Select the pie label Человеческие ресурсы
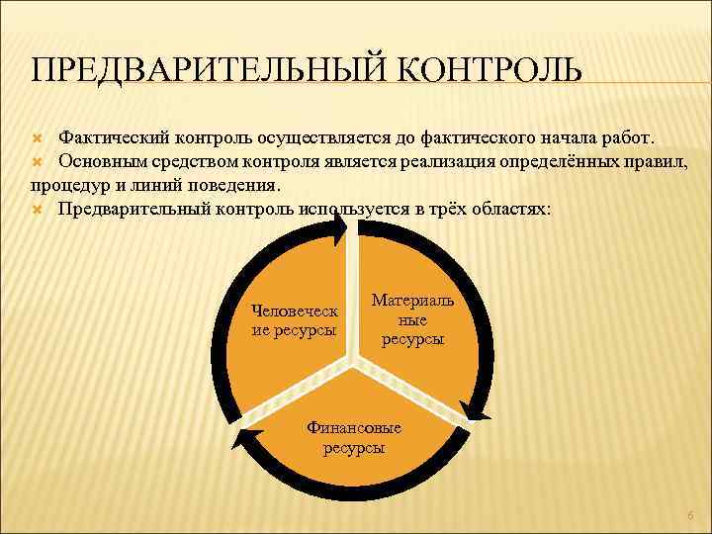click(294, 319)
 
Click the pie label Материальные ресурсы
click(412, 318)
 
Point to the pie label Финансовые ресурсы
click(354, 437)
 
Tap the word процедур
click(66, 184)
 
